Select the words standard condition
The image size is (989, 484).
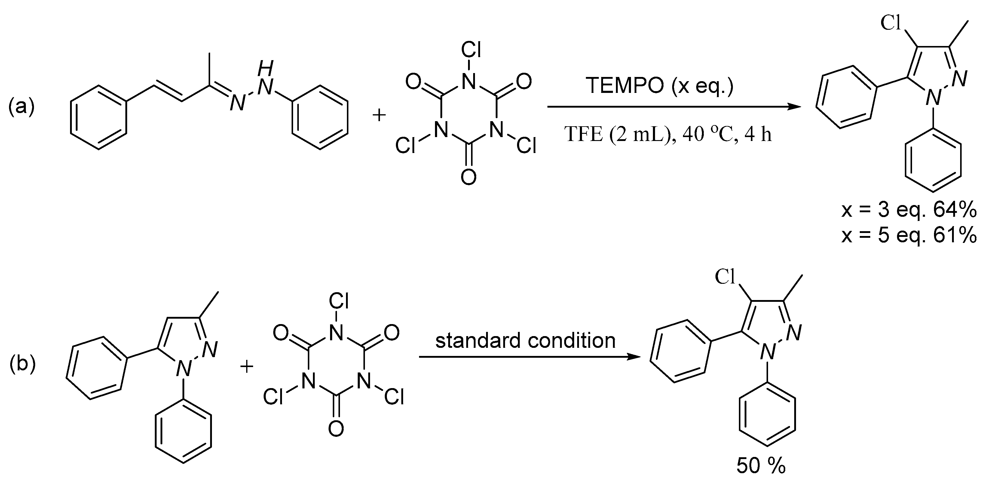(x=525, y=340)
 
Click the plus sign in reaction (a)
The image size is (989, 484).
(x=379, y=115)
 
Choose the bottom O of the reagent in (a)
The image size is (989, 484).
(x=469, y=177)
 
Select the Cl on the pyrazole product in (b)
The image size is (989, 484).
(x=725, y=277)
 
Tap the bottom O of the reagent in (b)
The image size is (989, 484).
(x=336, y=429)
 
